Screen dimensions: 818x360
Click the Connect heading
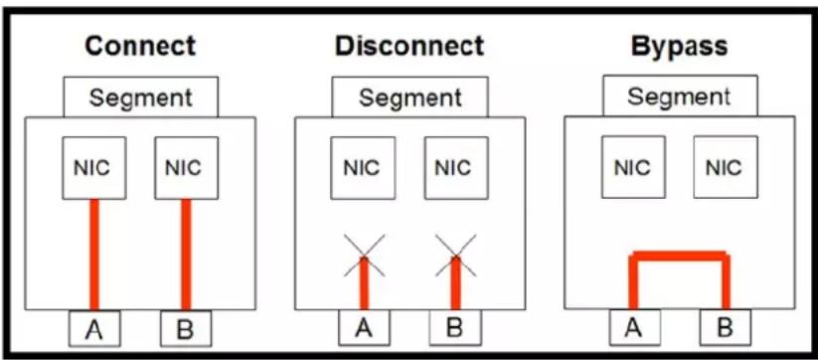coord(140,46)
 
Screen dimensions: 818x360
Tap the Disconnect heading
coord(409,46)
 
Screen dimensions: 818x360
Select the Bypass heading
coord(679,47)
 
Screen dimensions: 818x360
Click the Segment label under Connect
coord(141,97)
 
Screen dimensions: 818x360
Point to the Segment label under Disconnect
coord(410,97)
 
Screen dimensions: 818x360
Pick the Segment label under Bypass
coord(679,96)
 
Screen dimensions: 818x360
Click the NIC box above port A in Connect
coord(93,168)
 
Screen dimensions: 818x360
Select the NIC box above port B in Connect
coord(186,168)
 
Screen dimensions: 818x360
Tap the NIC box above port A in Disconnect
coord(363,168)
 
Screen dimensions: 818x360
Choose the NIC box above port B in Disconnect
coord(456,168)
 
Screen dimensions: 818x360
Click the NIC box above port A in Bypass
coord(633,167)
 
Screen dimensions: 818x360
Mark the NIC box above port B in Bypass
coord(726,167)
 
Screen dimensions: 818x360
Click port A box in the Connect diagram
coord(94,329)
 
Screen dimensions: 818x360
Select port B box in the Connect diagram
coord(186,329)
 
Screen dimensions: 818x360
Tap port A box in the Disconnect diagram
coord(364,327)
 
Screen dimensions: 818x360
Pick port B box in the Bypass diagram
coord(726,327)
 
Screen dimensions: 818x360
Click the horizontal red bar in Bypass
coord(679,256)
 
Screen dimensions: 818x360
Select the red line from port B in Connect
coord(186,255)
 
